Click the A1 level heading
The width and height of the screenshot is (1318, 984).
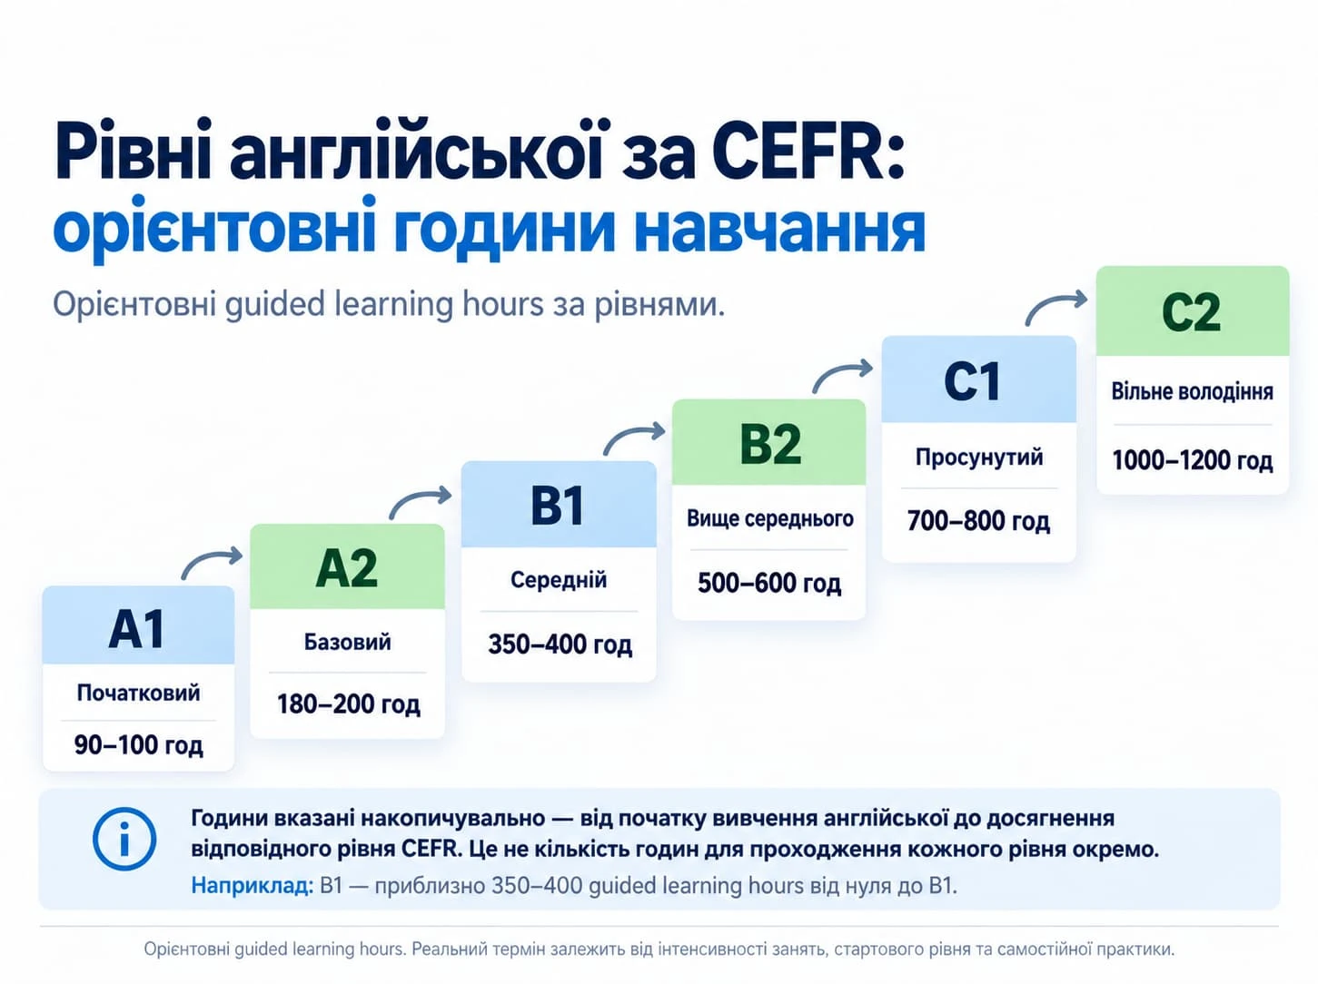pos(137,629)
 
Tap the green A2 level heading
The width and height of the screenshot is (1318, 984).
pos(347,567)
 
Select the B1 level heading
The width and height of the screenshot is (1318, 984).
pos(557,506)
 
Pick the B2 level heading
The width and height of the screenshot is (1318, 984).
pos(770,444)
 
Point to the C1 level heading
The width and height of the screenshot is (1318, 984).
pos(972,381)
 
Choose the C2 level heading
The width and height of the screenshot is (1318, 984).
pos(1192,312)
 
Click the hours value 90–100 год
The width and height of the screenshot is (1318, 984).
pos(139,745)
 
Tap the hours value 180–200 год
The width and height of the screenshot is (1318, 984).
pos(348,704)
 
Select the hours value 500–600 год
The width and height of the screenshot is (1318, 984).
pos(769,583)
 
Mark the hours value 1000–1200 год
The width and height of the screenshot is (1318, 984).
pos(1193,460)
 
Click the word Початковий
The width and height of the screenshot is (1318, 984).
pos(138,693)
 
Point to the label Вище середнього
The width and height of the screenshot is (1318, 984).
pos(769,518)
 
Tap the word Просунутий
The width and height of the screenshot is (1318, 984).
pos(979,458)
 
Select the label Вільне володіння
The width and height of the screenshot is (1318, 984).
pos(1192,391)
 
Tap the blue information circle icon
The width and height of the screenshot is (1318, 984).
pos(124,839)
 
